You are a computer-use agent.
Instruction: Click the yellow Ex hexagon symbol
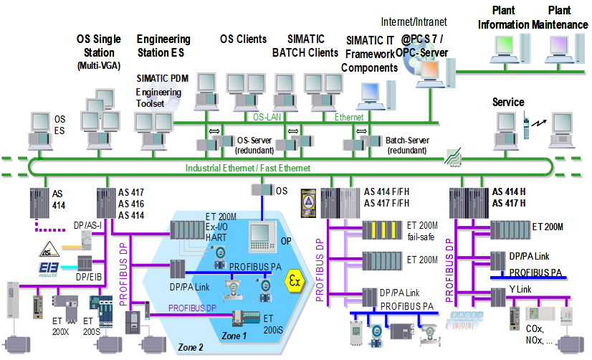[293, 278]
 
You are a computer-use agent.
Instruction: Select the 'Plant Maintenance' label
[559, 17]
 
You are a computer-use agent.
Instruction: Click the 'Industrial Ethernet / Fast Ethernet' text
[248, 168]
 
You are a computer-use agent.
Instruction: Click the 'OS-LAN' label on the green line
[268, 116]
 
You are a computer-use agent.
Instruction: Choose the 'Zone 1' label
[234, 336]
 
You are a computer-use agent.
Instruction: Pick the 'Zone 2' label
[191, 348]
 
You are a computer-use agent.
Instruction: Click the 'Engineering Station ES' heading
[163, 45]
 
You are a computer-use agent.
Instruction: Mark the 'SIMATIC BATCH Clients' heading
[305, 45]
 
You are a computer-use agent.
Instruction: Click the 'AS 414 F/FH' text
[393, 191]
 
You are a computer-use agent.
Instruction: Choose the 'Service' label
[508, 103]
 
